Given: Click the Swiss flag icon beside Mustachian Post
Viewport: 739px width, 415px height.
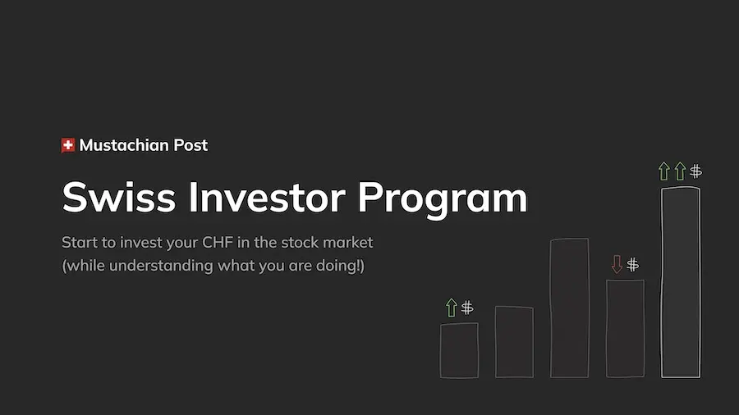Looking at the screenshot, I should [68, 145].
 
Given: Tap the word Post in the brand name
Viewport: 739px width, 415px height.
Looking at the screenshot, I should [190, 146].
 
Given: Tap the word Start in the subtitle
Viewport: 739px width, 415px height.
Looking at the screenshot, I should [79, 243].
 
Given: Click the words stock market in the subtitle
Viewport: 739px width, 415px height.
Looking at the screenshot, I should [333, 243].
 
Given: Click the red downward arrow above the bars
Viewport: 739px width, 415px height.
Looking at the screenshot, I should [617, 264].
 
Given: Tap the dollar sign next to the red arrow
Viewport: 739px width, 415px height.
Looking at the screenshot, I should [632, 264].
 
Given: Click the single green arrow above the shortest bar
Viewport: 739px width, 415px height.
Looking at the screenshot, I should [451, 308].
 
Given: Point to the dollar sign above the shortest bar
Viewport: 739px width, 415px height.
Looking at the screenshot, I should [467, 308].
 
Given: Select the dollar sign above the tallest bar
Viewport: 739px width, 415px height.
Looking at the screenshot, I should [695, 171].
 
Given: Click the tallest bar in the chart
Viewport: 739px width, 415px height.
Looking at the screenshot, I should [681, 282].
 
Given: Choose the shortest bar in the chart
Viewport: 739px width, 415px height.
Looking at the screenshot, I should [459, 350].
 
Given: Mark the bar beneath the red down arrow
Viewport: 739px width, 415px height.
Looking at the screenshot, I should [625, 328].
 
